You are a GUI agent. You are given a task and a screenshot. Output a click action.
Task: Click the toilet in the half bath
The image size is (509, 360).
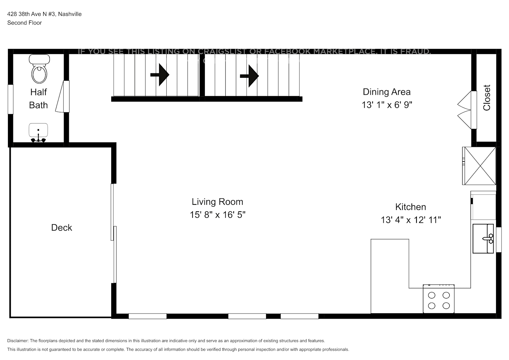pos(39,70)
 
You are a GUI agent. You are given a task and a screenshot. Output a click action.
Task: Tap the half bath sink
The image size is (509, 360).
pos(38,132)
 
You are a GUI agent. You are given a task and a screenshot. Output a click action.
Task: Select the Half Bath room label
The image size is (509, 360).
pos(39,98)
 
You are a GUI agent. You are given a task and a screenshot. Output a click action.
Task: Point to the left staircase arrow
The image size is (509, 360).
pos(160,75)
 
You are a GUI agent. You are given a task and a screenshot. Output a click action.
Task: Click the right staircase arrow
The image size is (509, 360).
pos(249,76)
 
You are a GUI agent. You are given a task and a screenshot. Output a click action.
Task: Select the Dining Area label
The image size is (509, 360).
pos(386,92)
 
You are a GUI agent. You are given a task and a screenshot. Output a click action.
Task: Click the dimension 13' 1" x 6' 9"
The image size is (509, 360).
pos(387,105)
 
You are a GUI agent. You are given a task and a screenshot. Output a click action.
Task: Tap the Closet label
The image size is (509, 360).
pos(487,98)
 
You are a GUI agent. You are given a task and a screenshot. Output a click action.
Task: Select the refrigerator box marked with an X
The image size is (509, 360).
pos(479,166)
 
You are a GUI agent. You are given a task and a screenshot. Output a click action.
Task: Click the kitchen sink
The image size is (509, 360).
pos(483,238)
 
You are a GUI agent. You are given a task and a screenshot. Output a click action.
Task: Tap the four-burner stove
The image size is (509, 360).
pos(438,300)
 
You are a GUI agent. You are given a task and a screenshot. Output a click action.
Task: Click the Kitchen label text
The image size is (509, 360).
pos(410,207)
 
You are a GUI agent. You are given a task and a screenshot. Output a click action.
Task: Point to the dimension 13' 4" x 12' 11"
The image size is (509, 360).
pos(411,220)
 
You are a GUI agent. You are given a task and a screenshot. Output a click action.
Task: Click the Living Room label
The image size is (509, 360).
pos(217,202)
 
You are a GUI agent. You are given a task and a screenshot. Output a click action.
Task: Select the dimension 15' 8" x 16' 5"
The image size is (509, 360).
pos(217,215)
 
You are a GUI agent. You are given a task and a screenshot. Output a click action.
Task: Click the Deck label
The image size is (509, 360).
pos(62,228)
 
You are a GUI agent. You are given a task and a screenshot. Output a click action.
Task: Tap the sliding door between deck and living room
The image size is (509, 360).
pos(114,233)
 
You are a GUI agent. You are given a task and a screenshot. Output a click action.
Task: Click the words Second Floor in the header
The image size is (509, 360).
pos(24,23)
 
